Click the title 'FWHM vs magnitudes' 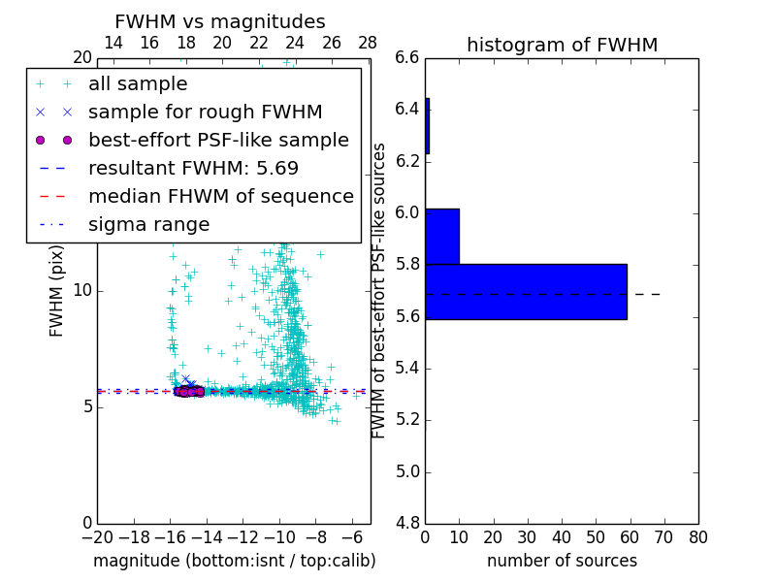coord(220,22)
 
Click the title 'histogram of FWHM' coord(562,45)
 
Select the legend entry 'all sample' coord(138,84)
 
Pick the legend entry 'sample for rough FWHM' coord(205,112)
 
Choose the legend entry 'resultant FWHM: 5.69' coord(193,168)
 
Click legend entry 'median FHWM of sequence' coord(220,196)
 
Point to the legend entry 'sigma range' coord(148,224)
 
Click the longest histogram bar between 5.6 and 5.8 coord(526,291)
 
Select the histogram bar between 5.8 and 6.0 coord(442,236)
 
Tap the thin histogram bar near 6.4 coord(427,126)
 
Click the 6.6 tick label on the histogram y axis coord(407,57)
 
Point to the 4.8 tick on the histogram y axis coord(407,524)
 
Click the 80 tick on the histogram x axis coord(698,536)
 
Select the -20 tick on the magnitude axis coord(97,536)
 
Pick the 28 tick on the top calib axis coord(368,43)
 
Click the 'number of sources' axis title coord(562,561)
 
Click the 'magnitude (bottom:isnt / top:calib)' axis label coord(234,561)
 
